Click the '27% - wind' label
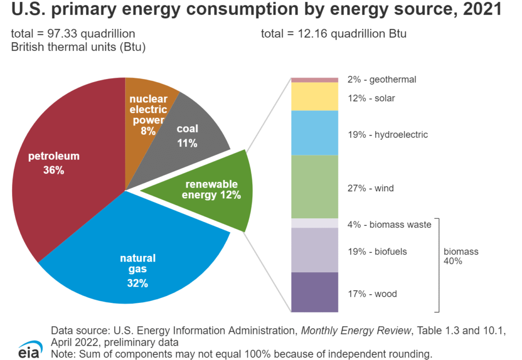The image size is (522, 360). point(371,189)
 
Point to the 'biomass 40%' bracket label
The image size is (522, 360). point(461,256)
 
